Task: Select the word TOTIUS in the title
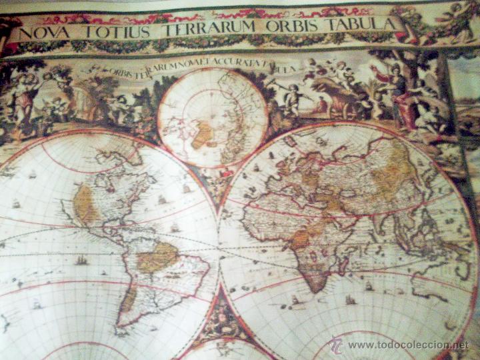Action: click(103, 31)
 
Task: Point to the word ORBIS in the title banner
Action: click(291, 27)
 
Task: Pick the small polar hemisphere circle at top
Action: click(212, 117)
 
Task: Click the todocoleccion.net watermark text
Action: click(408, 345)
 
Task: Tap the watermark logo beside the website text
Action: click(335, 344)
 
